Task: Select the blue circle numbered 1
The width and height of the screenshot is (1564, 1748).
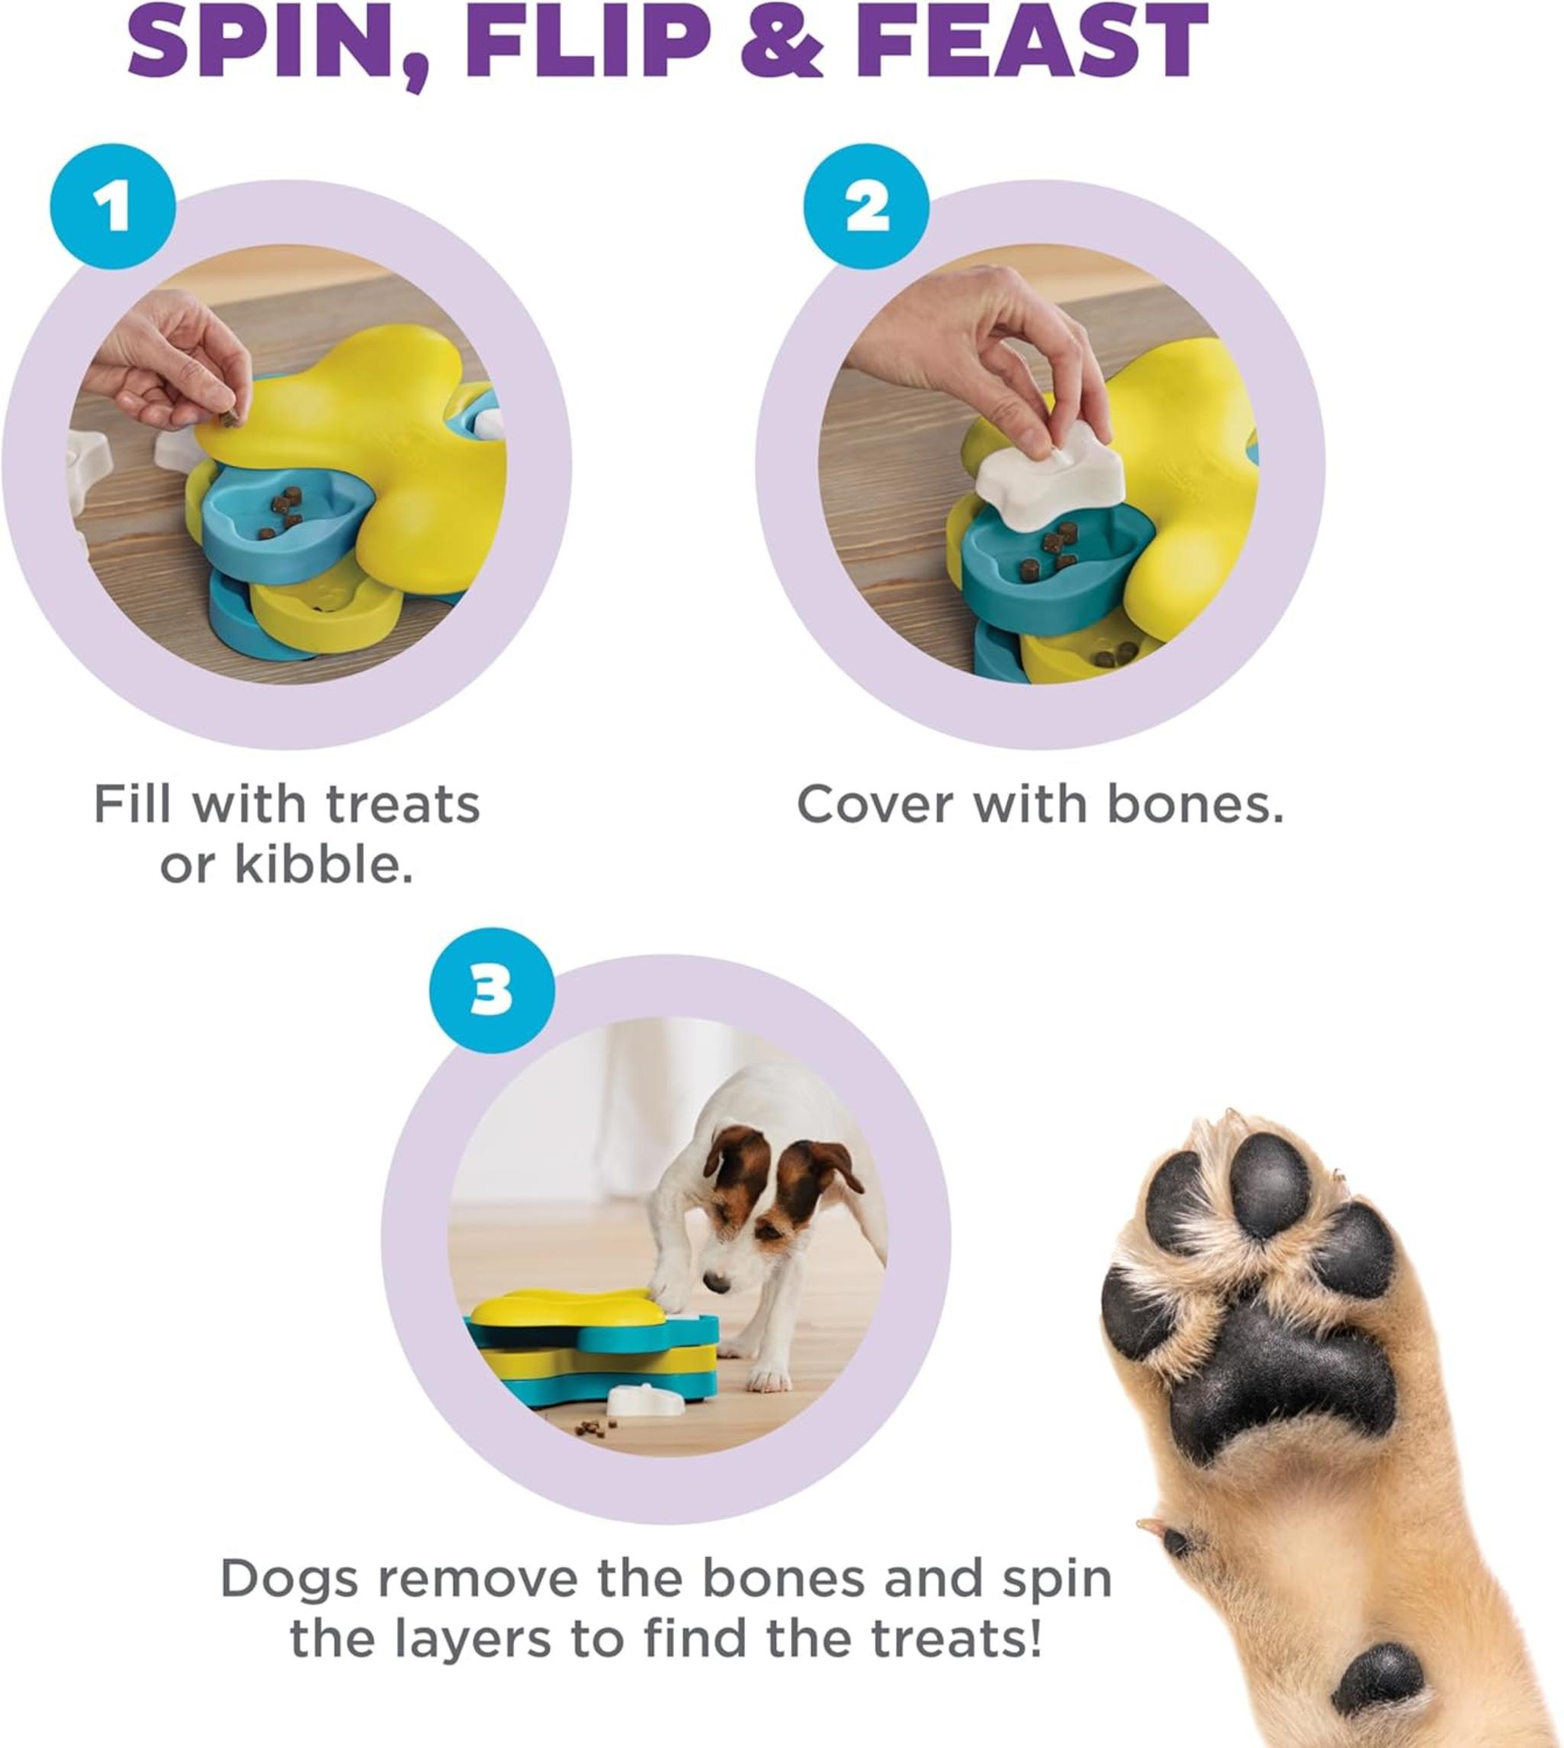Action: pos(112,207)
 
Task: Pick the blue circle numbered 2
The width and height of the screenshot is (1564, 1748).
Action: pos(866,207)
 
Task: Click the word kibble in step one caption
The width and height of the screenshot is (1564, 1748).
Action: pos(322,864)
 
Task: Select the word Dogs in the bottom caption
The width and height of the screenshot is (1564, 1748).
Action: pos(289,1579)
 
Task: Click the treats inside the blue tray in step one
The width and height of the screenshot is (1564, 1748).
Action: pos(283,512)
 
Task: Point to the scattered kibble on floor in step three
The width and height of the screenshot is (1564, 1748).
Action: pos(593,1429)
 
